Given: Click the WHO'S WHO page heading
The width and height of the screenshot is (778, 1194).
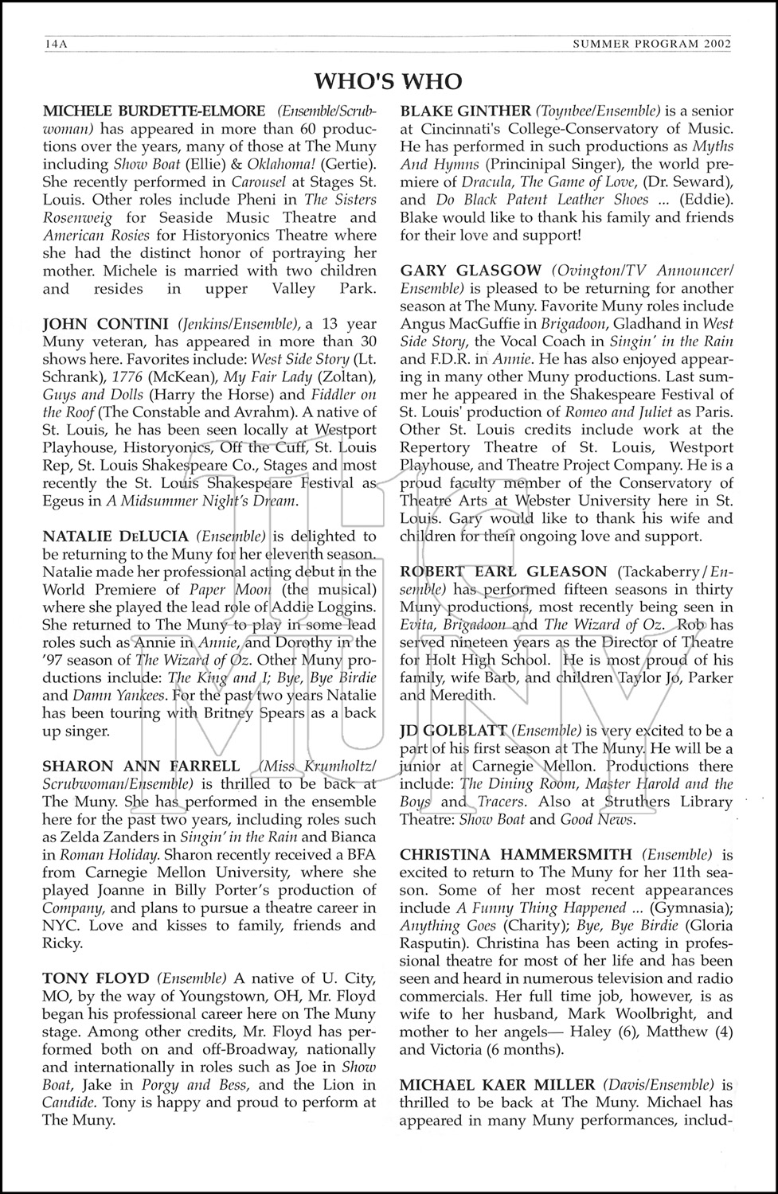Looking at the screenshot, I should pyautogui.click(x=388, y=81).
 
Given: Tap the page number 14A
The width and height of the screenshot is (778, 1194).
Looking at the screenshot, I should pyautogui.click(x=55, y=45).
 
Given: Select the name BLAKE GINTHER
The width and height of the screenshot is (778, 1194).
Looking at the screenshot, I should pyautogui.click(x=465, y=111).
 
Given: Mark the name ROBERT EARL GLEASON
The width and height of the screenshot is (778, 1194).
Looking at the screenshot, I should pyautogui.click(x=503, y=572).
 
